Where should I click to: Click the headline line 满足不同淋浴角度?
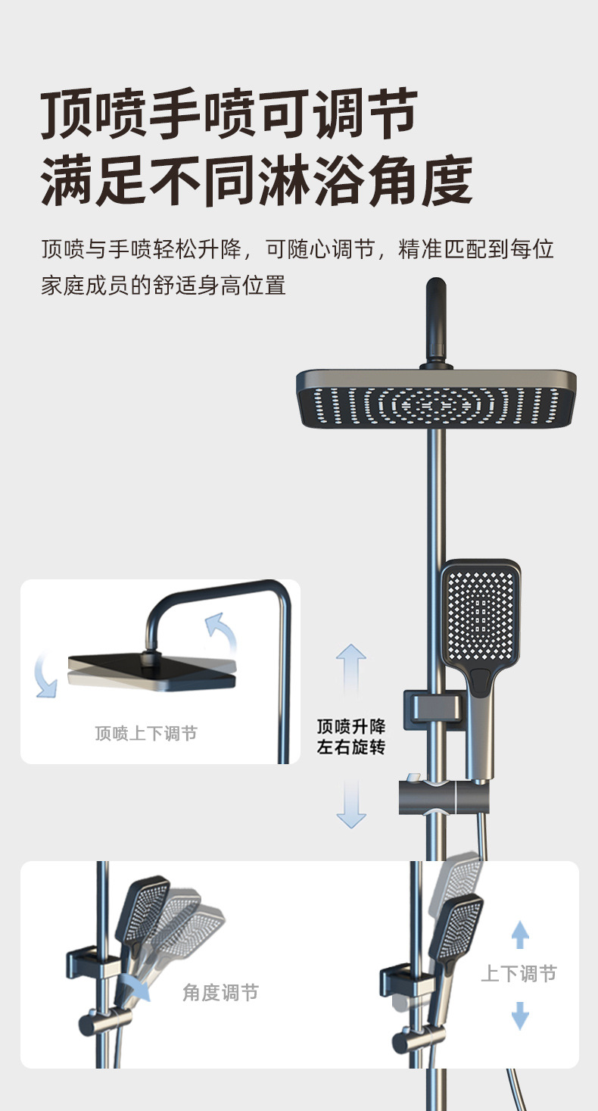click(x=257, y=181)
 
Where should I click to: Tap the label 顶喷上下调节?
click(x=146, y=733)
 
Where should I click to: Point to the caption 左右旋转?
click(x=351, y=747)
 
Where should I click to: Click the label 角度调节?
click(x=220, y=992)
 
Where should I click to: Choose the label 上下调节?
click(x=519, y=974)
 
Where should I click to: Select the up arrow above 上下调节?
click(x=520, y=935)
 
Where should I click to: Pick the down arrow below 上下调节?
click(x=520, y=1014)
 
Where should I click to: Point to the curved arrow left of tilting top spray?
click(x=45, y=676)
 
